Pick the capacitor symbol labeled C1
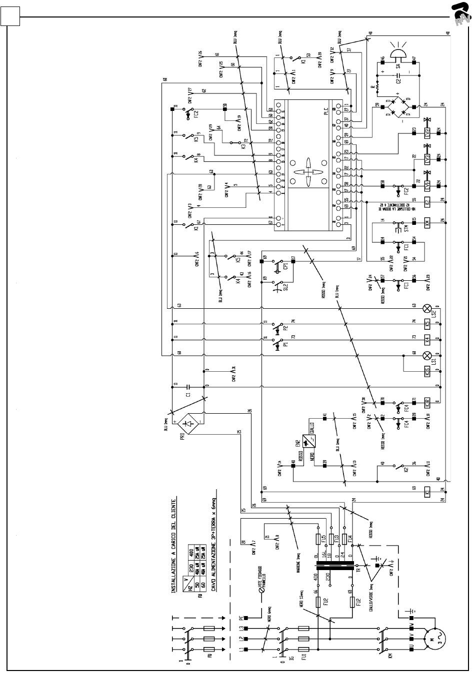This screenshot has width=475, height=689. coord(187,386)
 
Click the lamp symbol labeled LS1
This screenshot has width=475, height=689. coord(427,356)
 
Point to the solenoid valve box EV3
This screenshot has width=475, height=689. coord(427,159)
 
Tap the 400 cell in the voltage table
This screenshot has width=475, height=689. coord(190,552)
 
